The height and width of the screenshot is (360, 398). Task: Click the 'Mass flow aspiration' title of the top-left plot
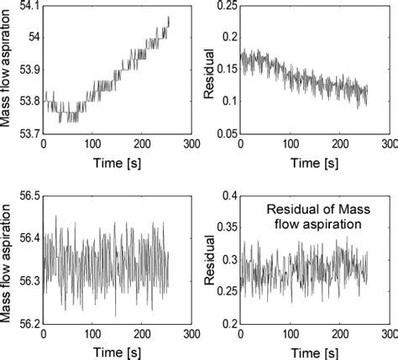pyautogui.click(x=8, y=70)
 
